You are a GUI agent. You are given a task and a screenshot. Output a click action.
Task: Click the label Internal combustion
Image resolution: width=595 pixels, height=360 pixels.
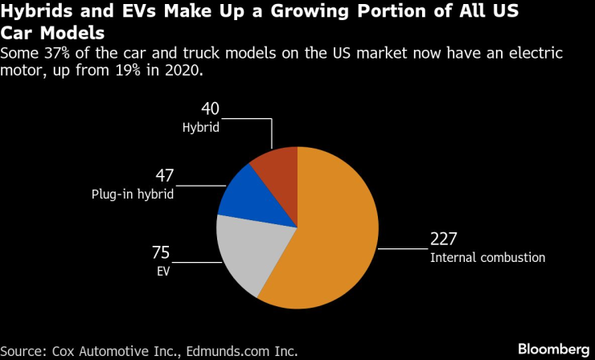point(488,258)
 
